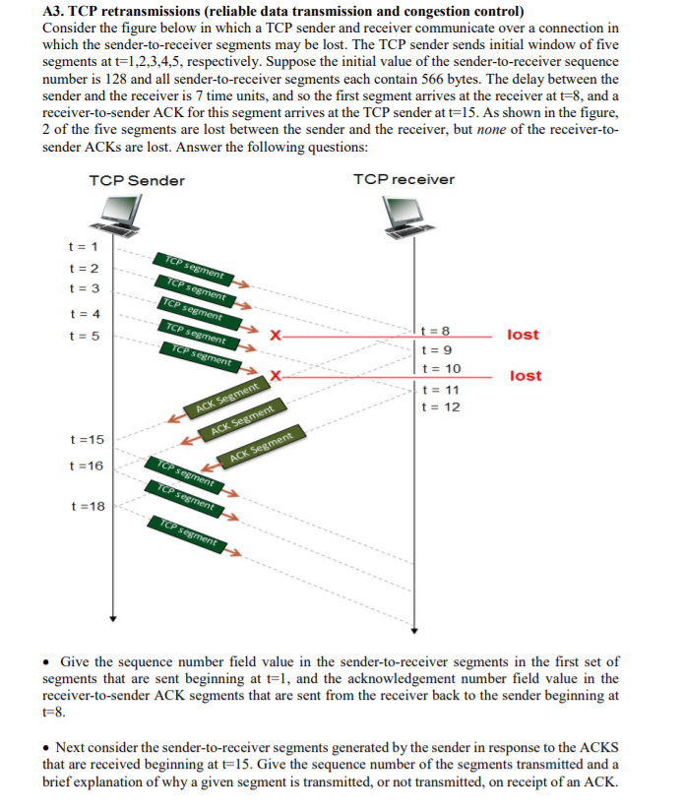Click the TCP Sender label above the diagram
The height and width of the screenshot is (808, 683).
click(x=136, y=180)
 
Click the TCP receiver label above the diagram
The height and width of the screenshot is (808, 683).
click(x=404, y=179)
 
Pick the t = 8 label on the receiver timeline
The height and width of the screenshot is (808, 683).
click(x=434, y=332)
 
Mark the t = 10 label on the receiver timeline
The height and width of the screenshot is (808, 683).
click(x=439, y=369)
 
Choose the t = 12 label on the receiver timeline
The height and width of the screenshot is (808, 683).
click(x=439, y=406)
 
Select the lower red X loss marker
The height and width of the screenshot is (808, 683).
click(x=277, y=376)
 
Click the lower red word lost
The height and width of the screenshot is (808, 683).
click(x=526, y=376)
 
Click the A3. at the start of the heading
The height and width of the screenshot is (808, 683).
click(x=55, y=12)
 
